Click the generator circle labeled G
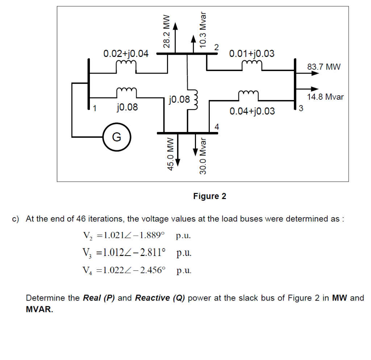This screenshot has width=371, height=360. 116,137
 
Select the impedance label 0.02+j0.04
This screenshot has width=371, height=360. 126,54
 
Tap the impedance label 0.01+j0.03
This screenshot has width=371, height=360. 252,54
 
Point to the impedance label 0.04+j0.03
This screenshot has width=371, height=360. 252,111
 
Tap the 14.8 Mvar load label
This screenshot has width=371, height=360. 325,97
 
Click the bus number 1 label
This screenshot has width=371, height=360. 95,108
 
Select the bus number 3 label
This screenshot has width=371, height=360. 301,108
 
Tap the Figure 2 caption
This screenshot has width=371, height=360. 209,196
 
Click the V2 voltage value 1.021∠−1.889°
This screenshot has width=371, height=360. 134,236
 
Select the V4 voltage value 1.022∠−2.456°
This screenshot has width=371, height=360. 134,270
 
